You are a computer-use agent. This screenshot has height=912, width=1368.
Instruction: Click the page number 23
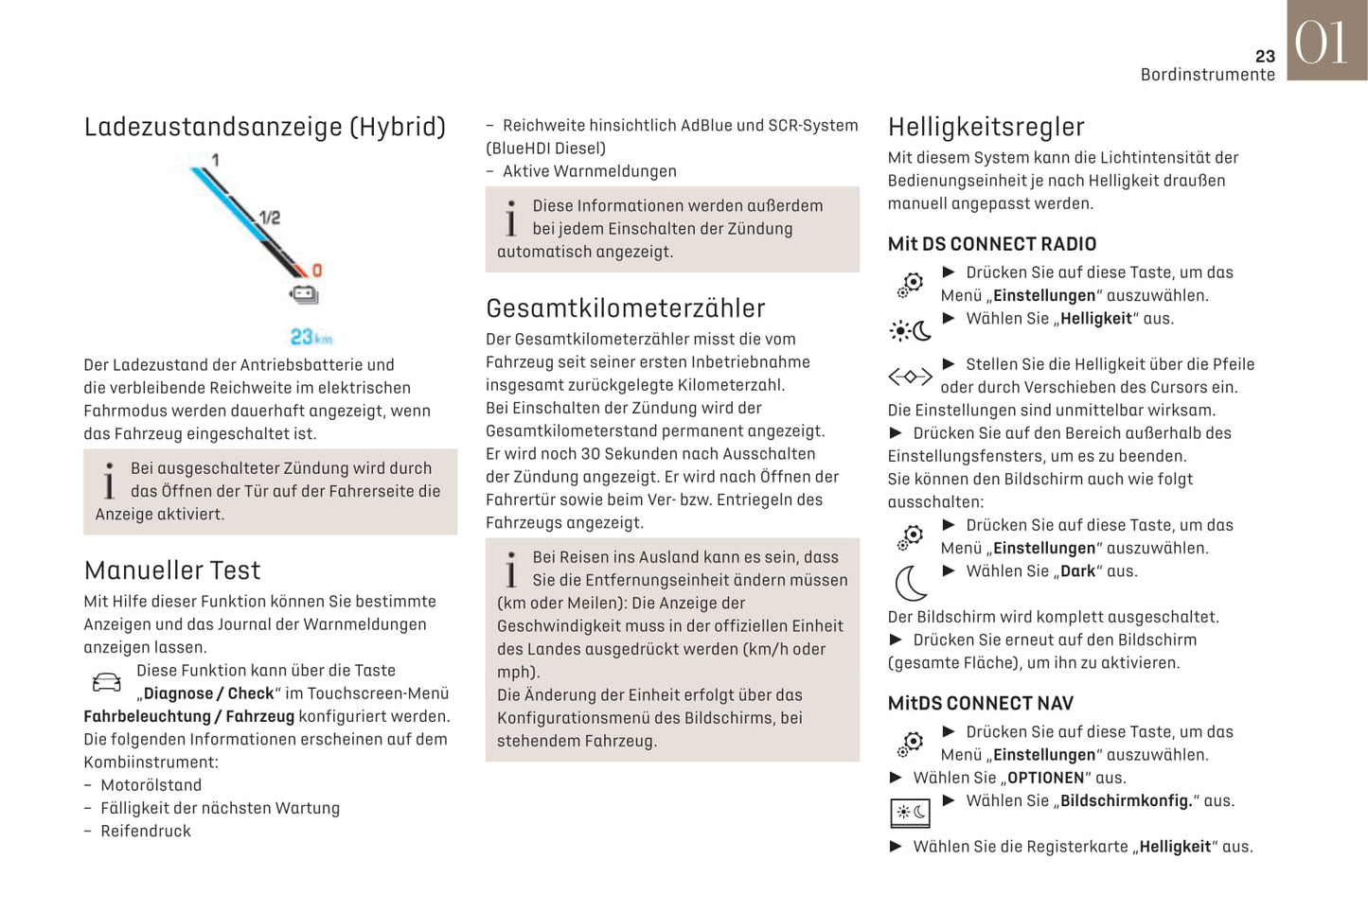[1265, 56]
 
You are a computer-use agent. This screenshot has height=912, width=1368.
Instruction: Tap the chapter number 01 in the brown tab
[1322, 44]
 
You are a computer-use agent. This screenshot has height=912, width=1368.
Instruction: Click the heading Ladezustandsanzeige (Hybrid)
[264, 127]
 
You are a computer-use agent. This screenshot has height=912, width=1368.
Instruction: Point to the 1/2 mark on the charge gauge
[270, 218]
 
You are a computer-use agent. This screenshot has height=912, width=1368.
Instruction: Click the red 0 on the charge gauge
[317, 271]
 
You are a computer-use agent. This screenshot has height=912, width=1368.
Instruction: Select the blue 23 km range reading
[311, 338]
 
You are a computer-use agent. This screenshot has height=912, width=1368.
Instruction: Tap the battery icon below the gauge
[304, 295]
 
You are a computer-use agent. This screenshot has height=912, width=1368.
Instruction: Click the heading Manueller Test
[171, 570]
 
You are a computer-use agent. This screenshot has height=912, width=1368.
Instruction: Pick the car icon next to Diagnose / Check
[107, 682]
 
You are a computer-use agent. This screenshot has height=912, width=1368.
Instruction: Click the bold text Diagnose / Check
[208, 693]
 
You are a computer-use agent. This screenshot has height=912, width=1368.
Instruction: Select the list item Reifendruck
[146, 831]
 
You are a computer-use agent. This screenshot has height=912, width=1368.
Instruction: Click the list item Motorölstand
[151, 785]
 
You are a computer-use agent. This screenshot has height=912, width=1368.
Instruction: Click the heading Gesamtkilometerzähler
[625, 308]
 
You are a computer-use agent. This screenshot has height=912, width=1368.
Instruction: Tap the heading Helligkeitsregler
[986, 127]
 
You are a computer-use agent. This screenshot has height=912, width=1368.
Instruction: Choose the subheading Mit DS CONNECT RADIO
[991, 244]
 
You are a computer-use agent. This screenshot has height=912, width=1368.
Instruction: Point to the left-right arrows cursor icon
[910, 377]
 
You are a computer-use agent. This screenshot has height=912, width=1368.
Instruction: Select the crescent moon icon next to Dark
[911, 583]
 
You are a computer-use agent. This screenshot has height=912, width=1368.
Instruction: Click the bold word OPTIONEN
[1045, 778]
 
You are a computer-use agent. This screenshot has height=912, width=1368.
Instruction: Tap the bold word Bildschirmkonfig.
[1126, 800]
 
